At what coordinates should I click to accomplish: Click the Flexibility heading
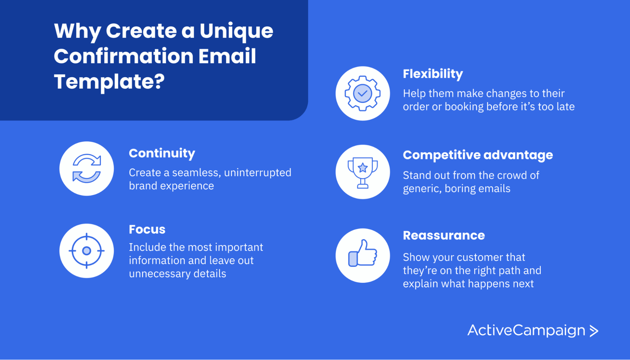[432, 74]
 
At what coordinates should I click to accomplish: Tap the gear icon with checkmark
[363, 93]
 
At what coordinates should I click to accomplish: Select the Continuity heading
[162, 153]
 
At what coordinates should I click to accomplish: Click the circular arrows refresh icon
[87, 169]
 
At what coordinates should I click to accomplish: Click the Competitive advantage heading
[477, 155]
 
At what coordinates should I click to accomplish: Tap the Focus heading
[147, 230]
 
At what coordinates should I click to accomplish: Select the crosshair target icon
[87, 251]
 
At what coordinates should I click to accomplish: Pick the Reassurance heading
[444, 235]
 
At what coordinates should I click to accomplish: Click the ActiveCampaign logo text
[526, 330]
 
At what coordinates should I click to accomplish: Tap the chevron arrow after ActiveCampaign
[594, 331]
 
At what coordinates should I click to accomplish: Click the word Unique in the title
[236, 31]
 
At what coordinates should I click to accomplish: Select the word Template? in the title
[109, 82]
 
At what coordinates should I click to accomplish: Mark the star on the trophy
[363, 168]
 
